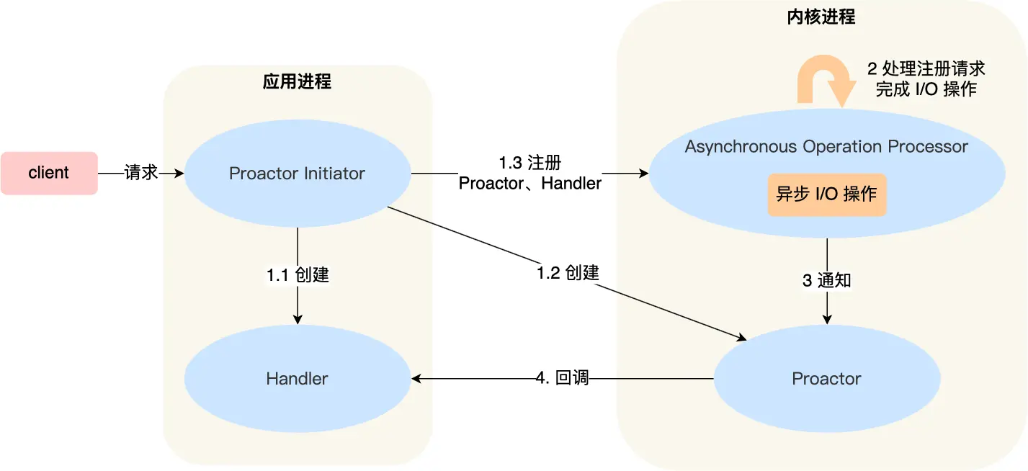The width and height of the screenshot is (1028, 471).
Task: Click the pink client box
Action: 49,173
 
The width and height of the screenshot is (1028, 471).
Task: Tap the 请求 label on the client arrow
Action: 141,173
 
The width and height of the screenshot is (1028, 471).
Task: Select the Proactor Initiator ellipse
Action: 297,174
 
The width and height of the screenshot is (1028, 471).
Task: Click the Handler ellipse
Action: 297,378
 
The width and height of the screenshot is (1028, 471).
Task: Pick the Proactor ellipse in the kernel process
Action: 826,378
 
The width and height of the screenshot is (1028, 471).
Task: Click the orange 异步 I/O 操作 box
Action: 826,194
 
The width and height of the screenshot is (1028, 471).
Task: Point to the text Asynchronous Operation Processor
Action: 826,147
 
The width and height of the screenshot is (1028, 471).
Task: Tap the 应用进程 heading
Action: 297,82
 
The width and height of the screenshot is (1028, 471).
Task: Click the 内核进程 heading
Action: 821,17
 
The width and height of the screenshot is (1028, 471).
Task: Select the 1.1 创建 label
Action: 298,274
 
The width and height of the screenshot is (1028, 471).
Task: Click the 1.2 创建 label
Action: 568,273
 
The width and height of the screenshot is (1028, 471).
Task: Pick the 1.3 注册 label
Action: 529,163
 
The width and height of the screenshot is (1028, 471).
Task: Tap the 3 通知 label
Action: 826,280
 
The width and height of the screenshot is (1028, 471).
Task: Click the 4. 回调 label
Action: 563,378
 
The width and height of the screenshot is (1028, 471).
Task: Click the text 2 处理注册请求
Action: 926,69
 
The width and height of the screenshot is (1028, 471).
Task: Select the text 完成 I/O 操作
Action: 926,89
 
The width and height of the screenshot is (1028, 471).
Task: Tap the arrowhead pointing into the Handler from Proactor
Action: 416,378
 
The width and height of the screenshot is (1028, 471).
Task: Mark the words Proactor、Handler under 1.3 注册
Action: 529,184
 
